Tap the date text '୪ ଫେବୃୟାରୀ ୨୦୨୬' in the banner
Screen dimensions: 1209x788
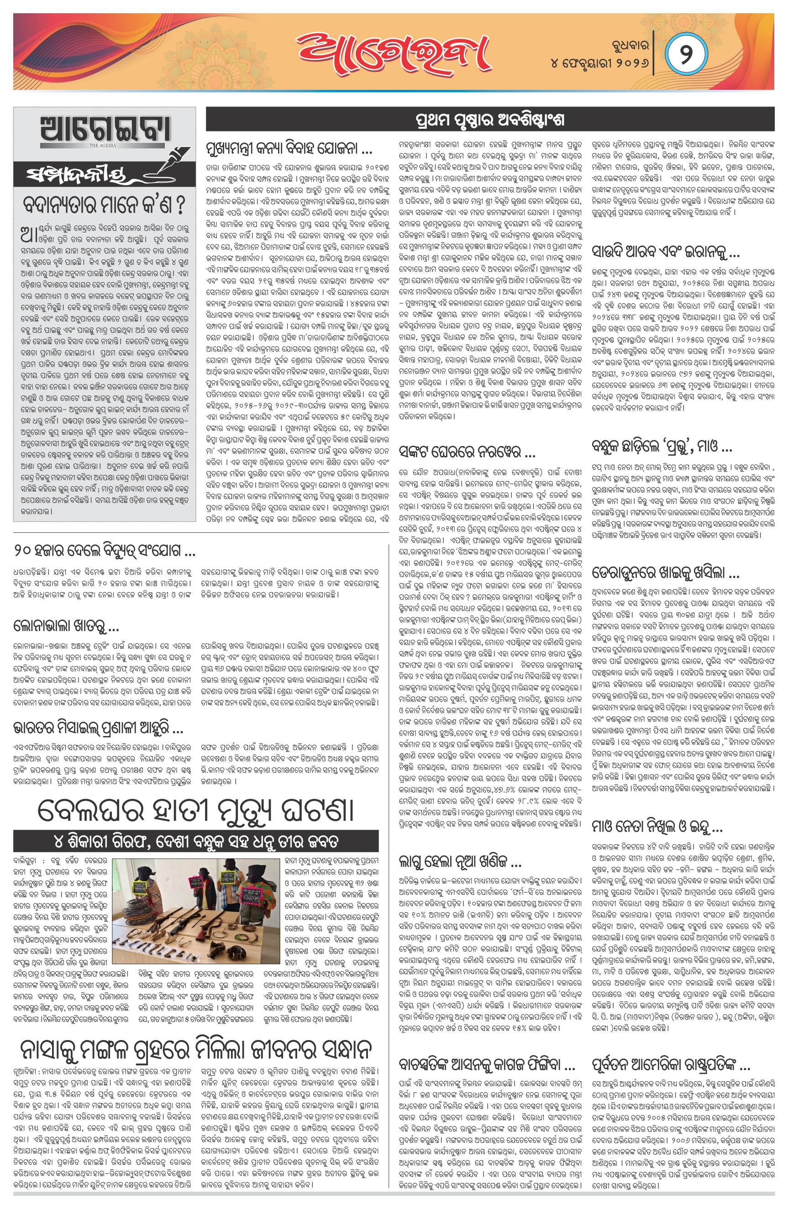(599, 63)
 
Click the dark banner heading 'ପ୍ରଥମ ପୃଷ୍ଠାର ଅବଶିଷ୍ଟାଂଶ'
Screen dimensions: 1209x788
(490, 121)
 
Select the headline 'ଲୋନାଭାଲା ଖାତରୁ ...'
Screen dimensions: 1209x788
(66, 626)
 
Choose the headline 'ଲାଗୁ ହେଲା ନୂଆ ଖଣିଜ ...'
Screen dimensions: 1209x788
(460, 861)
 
